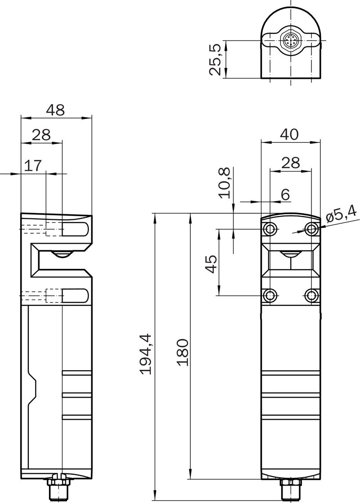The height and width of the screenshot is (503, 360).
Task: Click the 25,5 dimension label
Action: pyautogui.click(x=215, y=60)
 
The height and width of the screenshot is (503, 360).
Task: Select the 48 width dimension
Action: pyautogui.click(x=55, y=110)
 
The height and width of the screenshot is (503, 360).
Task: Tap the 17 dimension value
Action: pyautogui.click(x=33, y=166)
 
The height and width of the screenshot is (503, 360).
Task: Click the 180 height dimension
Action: pyautogui.click(x=183, y=352)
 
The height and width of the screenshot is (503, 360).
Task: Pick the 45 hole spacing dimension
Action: pyautogui.click(x=211, y=264)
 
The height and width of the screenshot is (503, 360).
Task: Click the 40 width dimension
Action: pyautogui.click(x=289, y=134)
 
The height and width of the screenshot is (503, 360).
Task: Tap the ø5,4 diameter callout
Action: pyautogui.click(x=341, y=214)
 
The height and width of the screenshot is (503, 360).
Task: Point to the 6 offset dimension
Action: pyautogui.click(x=285, y=195)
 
